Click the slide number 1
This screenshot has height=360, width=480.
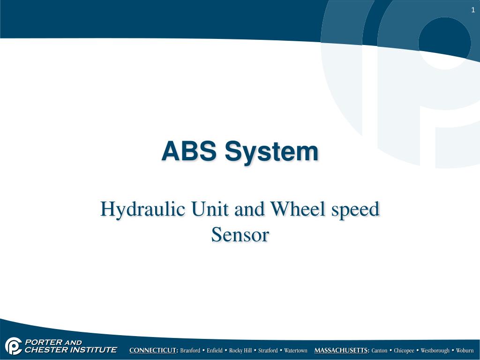473,11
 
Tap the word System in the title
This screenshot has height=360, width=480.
271,152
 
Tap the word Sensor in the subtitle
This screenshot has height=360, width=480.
240,234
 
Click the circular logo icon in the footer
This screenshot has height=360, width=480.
13,346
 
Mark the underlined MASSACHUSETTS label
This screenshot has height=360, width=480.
342,351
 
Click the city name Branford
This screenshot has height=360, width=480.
190,351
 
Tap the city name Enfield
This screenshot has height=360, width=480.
215,351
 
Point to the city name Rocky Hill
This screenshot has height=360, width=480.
240,351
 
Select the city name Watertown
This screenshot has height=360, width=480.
296,351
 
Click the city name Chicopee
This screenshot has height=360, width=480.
404,351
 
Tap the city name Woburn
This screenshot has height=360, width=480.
465,351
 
